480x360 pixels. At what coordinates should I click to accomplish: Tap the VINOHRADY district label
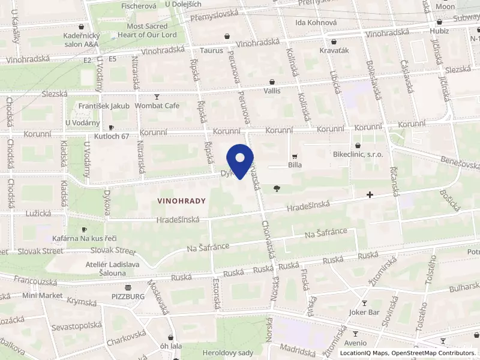tap(182, 201)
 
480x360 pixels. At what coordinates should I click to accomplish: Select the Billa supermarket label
tap(294, 164)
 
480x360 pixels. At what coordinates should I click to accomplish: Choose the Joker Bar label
tap(364, 312)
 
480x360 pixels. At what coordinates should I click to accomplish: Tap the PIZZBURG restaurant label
tap(127, 296)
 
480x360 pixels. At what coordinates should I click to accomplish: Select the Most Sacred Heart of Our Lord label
tap(143, 31)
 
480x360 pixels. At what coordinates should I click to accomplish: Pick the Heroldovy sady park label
tap(228, 353)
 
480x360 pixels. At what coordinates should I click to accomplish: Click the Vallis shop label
tap(272, 91)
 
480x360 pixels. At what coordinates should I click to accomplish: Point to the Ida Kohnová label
tap(316, 23)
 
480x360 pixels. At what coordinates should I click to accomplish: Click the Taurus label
tap(212, 51)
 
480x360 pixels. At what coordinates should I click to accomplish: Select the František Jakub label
tap(104, 106)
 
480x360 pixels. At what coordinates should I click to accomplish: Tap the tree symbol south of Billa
tap(277, 188)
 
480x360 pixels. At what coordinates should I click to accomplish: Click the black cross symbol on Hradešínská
tap(370, 195)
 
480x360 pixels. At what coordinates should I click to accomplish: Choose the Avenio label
tap(355, 344)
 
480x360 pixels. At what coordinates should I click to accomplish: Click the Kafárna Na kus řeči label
tap(85, 239)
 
